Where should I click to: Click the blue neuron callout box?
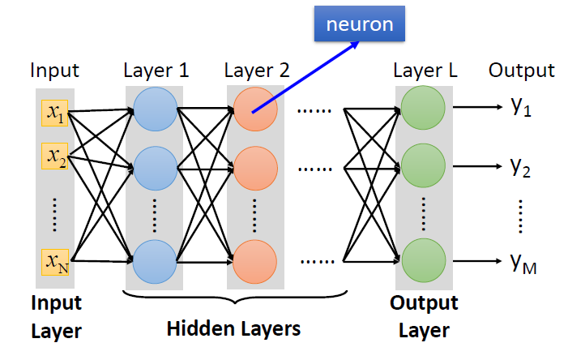360,24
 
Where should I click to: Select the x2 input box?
55,154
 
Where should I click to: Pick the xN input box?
55,261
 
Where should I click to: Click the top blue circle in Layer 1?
155,110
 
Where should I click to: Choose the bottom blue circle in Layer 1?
155,261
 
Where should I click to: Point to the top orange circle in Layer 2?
254,110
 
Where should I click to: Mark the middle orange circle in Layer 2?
254,169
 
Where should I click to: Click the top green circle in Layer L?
423,110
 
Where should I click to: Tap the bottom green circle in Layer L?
423,259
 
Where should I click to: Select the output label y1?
520,108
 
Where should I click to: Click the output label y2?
520,168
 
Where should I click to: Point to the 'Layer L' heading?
425,71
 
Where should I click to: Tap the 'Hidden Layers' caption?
233,329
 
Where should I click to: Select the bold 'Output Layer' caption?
424,317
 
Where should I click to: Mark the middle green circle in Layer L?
423,169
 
